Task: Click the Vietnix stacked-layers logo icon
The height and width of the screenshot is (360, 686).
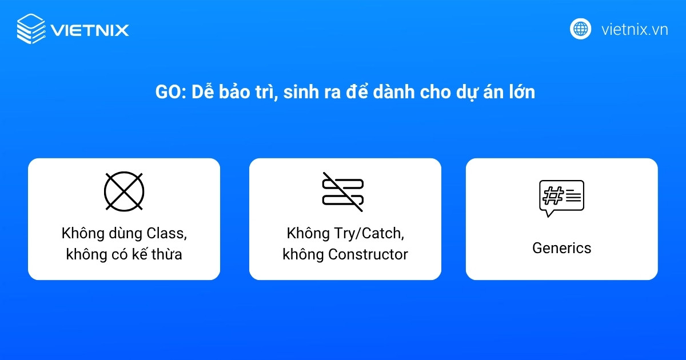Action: (x=31, y=29)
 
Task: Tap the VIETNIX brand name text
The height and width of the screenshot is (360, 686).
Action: (x=90, y=30)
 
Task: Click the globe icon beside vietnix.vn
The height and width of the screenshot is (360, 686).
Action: (x=580, y=29)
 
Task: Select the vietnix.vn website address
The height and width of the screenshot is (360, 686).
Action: (x=635, y=29)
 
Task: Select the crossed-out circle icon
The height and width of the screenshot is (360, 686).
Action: (x=124, y=191)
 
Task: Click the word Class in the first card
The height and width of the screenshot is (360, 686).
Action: (x=166, y=234)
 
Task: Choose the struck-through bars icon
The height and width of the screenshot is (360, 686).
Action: (x=343, y=191)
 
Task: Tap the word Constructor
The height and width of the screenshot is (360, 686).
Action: (x=368, y=254)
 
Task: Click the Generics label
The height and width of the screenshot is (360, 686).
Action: (x=561, y=248)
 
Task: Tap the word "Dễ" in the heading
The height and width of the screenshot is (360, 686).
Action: (x=201, y=92)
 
